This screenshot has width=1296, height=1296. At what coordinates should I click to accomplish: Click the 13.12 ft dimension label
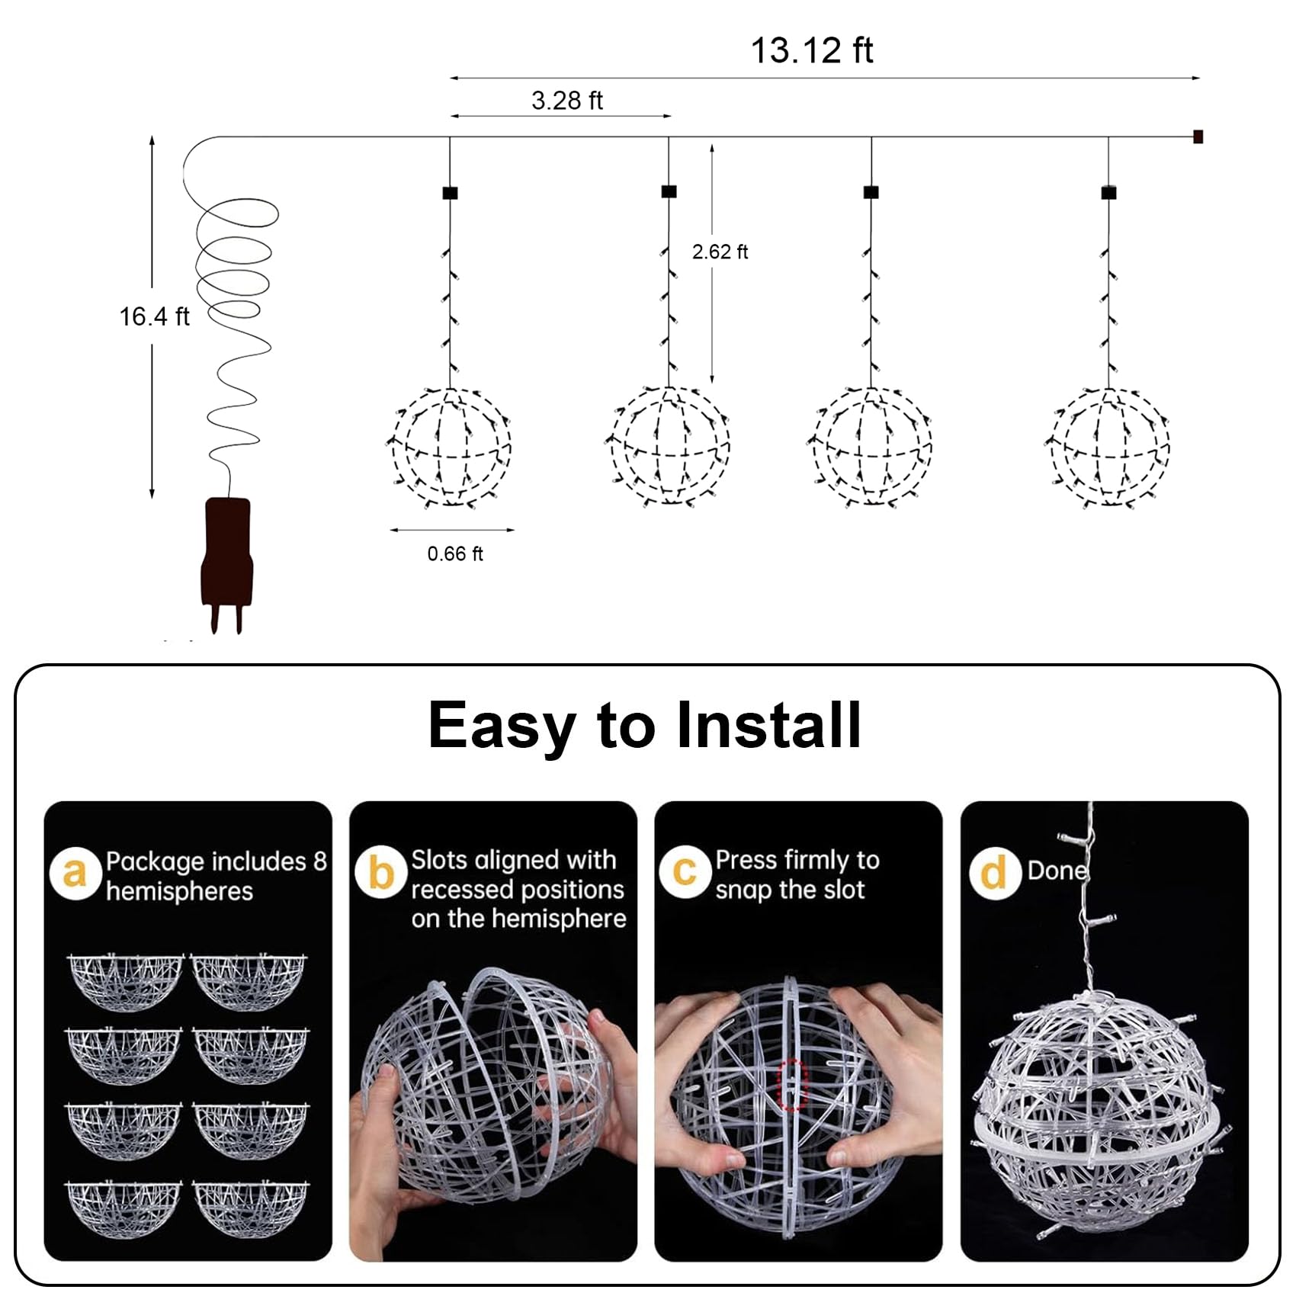click(x=811, y=50)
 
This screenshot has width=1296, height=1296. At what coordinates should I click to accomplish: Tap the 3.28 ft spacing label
click(x=566, y=101)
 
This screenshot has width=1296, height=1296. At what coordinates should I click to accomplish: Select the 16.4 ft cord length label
click(x=153, y=316)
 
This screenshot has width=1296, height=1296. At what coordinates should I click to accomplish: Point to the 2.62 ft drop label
click(x=720, y=252)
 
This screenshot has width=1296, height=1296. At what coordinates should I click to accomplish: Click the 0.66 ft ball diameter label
click(x=454, y=553)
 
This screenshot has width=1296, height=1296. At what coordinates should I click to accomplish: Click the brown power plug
click(x=226, y=557)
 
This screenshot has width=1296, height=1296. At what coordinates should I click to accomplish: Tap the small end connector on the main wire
click(x=1198, y=137)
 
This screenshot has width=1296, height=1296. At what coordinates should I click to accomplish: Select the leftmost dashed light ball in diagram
click(x=451, y=448)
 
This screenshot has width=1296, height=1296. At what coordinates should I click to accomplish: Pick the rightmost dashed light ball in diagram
click(x=1109, y=448)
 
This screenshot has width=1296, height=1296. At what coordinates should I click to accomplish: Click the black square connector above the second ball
click(x=669, y=191)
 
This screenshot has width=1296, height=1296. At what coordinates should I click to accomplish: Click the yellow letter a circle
click(x=75, y=874)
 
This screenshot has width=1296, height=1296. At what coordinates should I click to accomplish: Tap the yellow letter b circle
click(x=380, y=872)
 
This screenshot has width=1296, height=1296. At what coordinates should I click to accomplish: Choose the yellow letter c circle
click(x=685, y=871)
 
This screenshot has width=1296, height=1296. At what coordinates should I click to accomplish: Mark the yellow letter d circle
click(x=994, y=873)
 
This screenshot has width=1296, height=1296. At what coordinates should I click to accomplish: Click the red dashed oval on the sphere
click(x=793, y=1084)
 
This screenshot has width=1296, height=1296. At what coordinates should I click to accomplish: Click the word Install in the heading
click(x=768, y=725)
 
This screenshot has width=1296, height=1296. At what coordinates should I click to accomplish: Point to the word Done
click(x=1057, y=871)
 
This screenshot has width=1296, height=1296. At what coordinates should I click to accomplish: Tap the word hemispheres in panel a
click(x=179, y=891)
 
